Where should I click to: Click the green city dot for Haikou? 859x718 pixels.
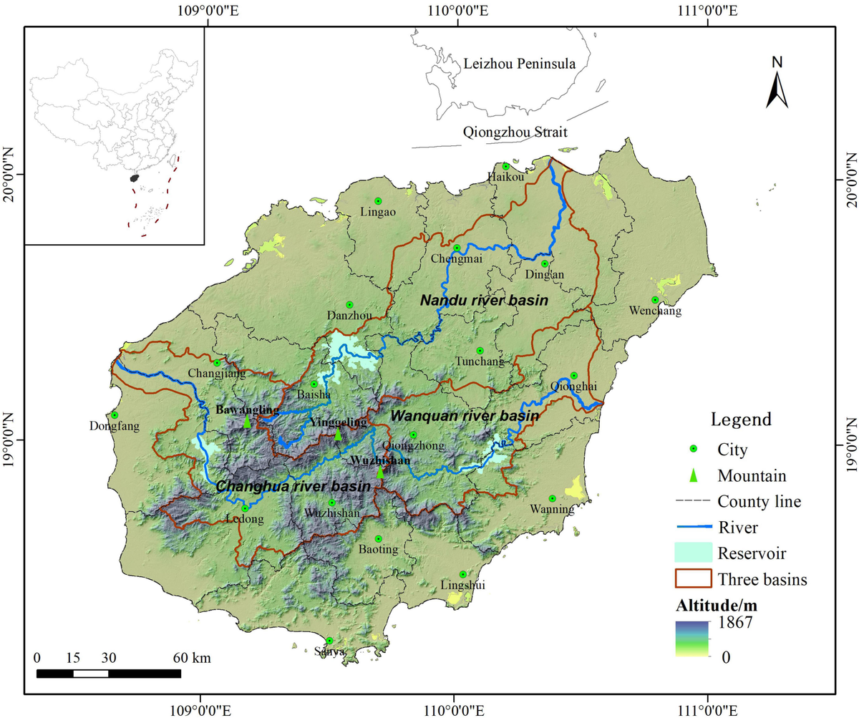[x=505, y=167]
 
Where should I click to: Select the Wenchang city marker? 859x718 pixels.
[x=654, y=300]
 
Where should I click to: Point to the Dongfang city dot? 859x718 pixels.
[x=115, y=415]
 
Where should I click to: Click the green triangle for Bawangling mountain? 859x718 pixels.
[x=247, y=422]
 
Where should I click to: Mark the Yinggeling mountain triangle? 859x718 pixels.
[x=338, y=434]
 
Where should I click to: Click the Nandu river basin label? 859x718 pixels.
[x=484, y=301]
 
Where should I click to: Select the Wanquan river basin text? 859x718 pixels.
[x=465, y=416]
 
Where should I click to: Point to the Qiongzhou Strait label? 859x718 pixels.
[x=515, y=132]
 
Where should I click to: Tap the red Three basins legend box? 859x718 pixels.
[x=693, y=578]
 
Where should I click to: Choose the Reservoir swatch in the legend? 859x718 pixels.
[x=693, y=553]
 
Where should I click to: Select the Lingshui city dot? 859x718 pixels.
[x=462, y=574]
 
